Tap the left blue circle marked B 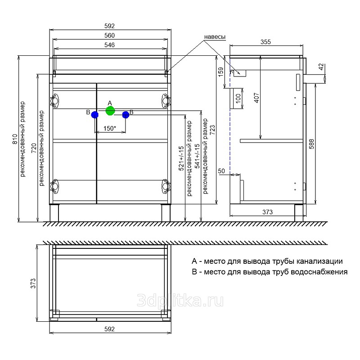(94, 115)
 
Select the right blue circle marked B (126, 115)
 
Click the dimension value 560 (110, 36)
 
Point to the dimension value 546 (110, 45)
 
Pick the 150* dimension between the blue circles (110, 129)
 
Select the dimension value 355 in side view (265, 42)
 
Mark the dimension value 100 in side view (238, 98)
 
